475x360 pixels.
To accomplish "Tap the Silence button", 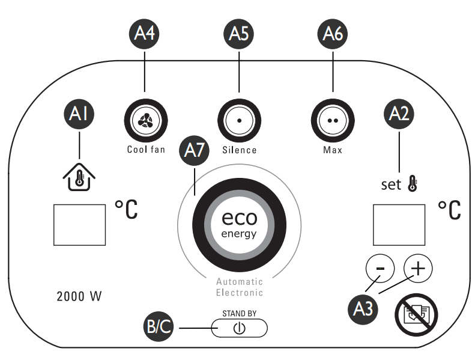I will (x=239, y=120).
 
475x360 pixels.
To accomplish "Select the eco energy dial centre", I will (x=239, y=224).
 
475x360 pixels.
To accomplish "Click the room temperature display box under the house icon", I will (x=79, y=224).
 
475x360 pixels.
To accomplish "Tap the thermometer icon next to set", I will (x=414, y=183).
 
